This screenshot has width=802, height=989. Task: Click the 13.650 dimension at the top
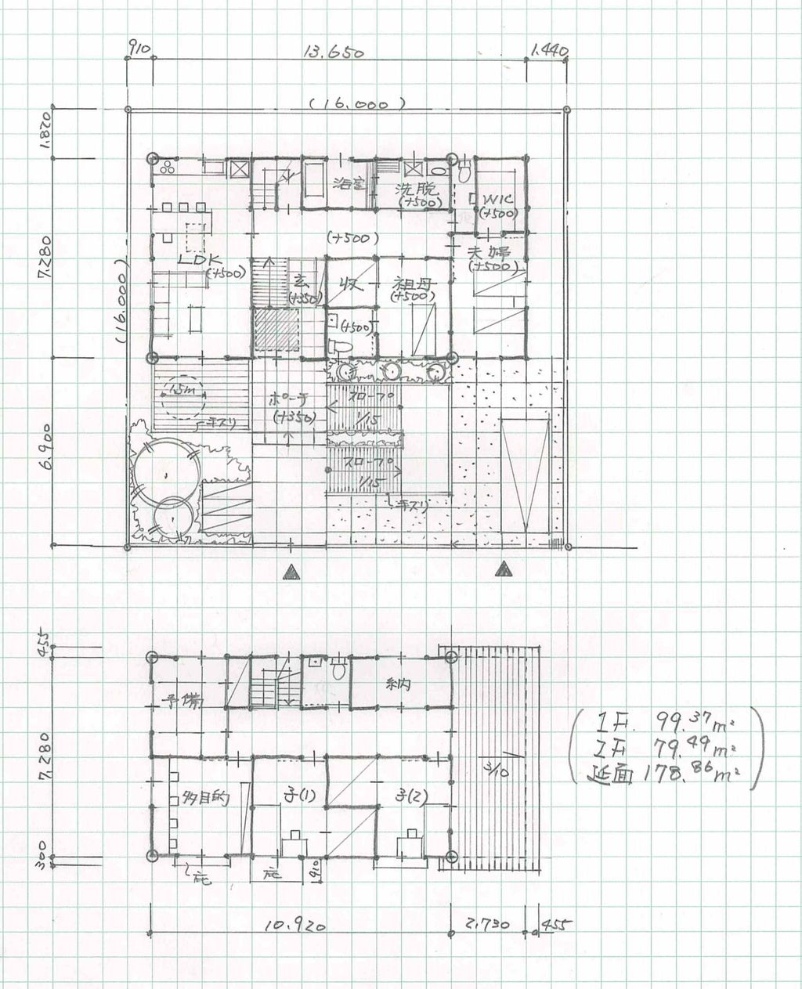(334, 53)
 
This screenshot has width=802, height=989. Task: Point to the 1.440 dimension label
(547, 52)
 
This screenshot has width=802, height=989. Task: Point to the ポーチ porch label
(287, 397)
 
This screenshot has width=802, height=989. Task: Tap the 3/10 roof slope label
(497, 770)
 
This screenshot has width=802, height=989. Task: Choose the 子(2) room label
(412, 796)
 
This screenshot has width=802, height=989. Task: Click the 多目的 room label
(204, 799)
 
